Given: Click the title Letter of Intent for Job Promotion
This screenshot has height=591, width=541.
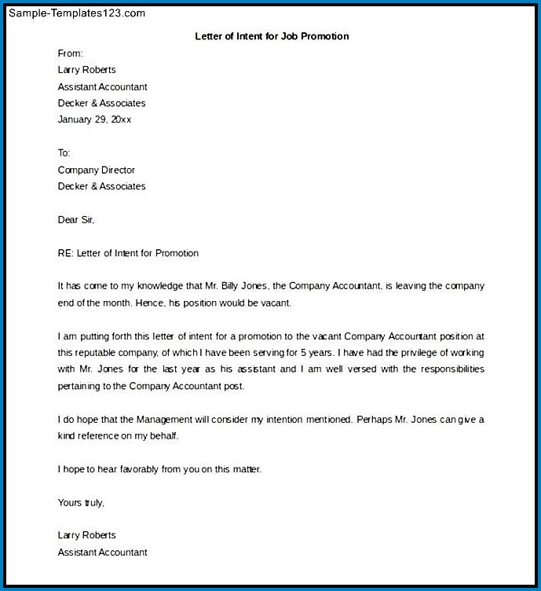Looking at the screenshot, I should (x=272, y=36).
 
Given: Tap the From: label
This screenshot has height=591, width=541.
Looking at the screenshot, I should (x=70, y=53).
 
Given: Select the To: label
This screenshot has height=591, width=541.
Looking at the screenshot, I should (x=64, y=152).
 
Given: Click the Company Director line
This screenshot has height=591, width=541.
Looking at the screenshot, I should (x=97, y=170).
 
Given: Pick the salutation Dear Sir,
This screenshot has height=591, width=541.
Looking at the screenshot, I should (x=76, y=220).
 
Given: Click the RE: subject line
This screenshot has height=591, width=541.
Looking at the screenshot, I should (x=128, y=253).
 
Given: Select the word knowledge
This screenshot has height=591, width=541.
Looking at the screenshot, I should (x=154, y=286).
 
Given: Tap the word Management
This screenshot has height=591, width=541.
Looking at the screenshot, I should (x=152, y=420).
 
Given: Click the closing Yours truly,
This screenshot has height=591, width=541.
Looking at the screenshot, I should (x=81, y=502).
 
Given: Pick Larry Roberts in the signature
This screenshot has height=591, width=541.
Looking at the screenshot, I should (x=86, y=535).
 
